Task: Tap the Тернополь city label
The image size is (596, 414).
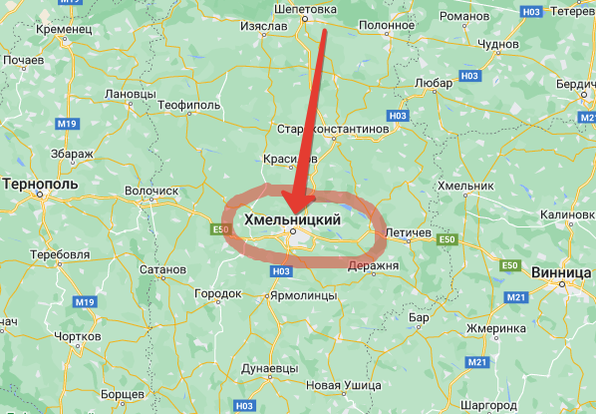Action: pyautogui.click(x=39, y=186)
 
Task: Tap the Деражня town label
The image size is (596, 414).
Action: pyautogui.click(x=375, y=265)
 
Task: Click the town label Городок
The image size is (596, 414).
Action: pyautogui.click(x=218, y=294)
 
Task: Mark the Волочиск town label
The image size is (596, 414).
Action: pyautogui.click(x=151, y=190)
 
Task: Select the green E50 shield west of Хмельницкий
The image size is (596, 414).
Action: pyautogui.click(x=220, y=230)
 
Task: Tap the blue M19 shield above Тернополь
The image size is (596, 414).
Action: pyautogui.click(x=67, y=123)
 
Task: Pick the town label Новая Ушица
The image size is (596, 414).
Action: pyautogui.click(x=344, y=385)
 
